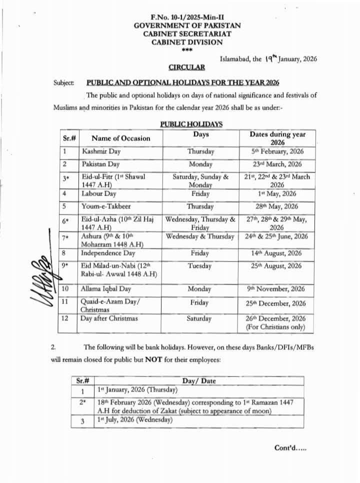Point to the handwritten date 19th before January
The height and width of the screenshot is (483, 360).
[x=270, y=57]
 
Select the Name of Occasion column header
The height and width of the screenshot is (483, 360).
[x=120, y=138]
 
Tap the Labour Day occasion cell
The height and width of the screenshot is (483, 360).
[x=99, y=193]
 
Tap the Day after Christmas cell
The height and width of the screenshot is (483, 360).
[x=109, y=318]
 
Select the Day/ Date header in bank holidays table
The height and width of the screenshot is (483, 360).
[x=199, y=381]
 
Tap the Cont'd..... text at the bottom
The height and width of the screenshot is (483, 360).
[x=290, y=448]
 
